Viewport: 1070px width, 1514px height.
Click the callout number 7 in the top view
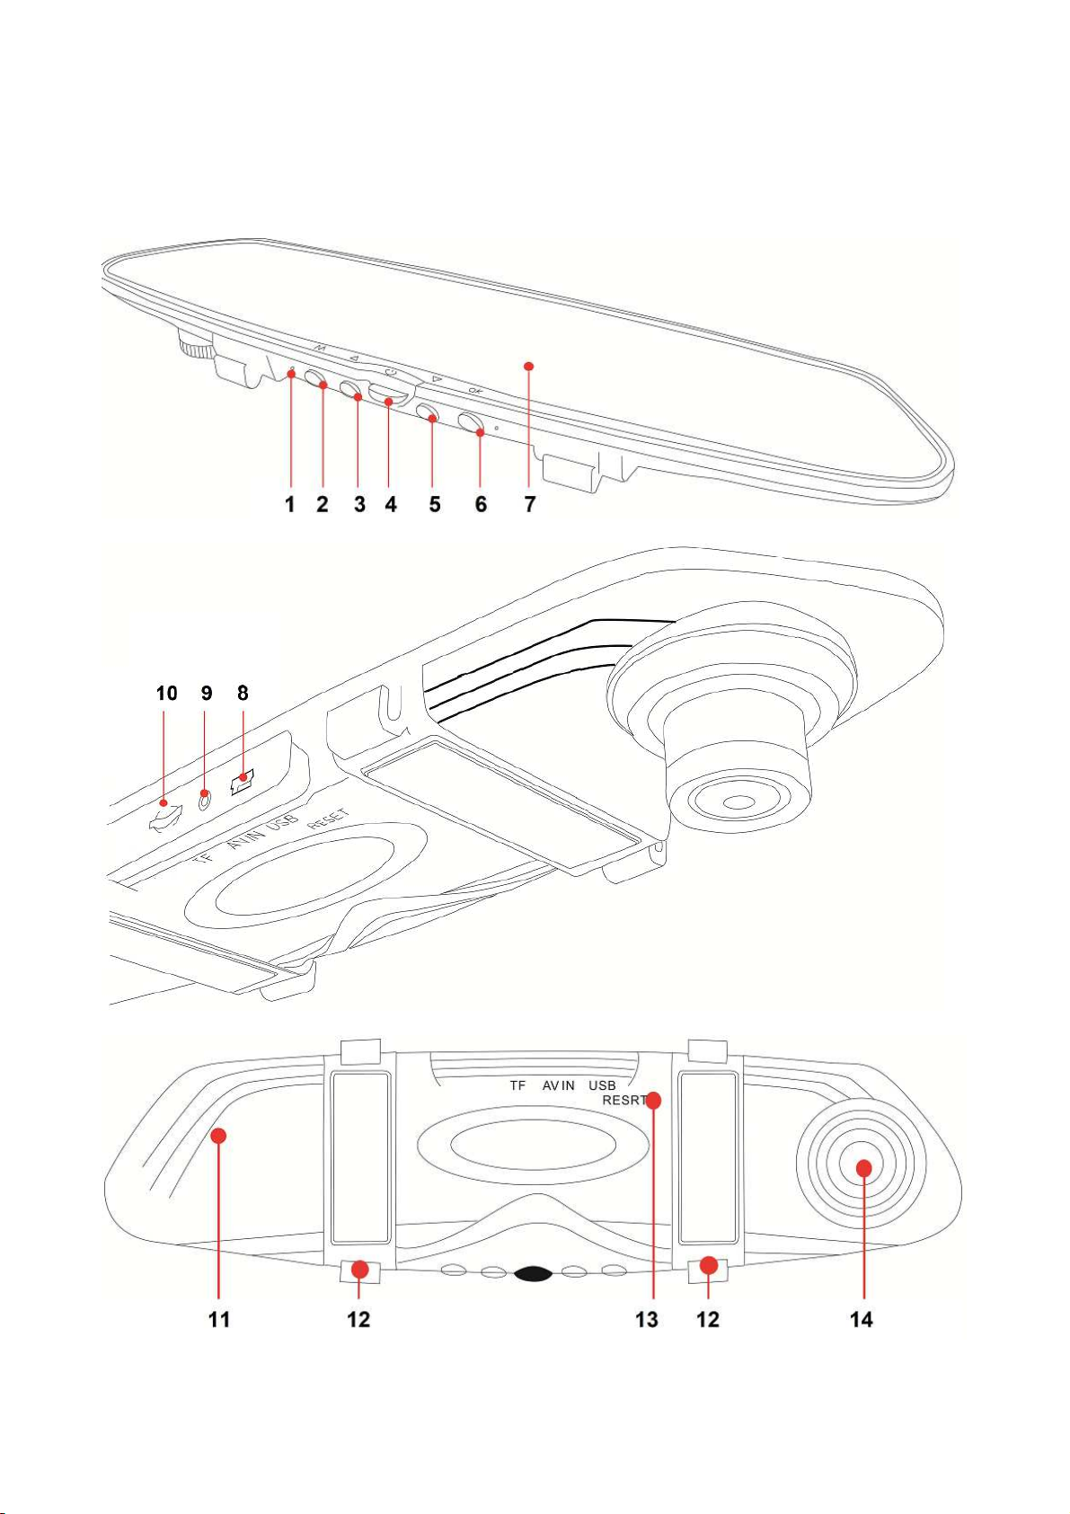pos(530,504)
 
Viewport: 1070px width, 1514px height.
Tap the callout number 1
pos(291,504)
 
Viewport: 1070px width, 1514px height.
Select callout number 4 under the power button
pos(391,504)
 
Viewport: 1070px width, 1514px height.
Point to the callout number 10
pos(167,694)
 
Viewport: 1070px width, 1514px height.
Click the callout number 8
pos(243,694)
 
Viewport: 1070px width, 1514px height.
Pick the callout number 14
pos(862,1319)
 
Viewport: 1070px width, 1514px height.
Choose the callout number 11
pos(219,1319)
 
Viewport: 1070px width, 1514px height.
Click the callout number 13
pos(647,1319)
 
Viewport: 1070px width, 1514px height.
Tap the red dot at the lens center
pos(863,1168)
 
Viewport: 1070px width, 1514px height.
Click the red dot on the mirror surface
pos(529,366)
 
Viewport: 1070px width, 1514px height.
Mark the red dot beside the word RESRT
pos(654,1101)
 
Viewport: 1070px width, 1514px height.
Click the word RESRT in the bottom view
pos(623,1101)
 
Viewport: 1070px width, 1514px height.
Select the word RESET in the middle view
pos(329,819)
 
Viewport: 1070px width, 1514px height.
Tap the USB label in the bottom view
pos(602,1085)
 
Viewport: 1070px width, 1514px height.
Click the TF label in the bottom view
pos(517,1085)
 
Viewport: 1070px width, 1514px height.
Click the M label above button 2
pos(321,348)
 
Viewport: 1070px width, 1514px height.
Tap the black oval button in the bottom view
pos(534,1274)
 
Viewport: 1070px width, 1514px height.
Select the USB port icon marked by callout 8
pos(242,782)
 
